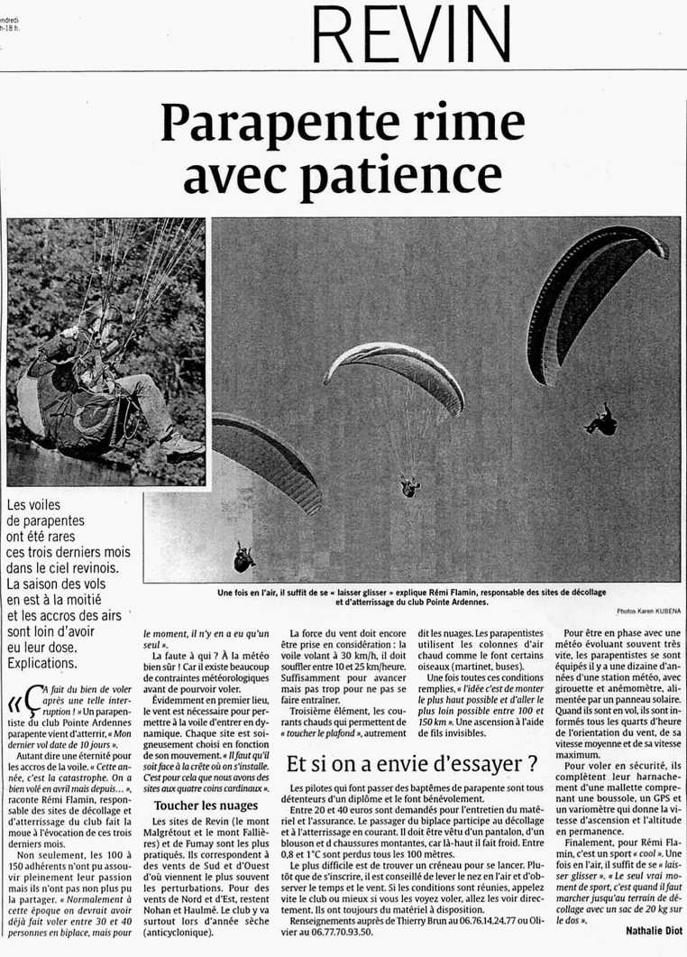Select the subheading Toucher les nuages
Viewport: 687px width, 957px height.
pos(206,805)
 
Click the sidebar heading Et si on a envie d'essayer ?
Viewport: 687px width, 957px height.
pos(412,764)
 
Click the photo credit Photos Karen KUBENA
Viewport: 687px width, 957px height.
pos(648,612)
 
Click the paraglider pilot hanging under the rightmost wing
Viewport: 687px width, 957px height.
pos(600,419)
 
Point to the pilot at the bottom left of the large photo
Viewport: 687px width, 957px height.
pos(243,559)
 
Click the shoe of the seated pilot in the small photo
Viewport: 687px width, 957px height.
pos(182,445)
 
